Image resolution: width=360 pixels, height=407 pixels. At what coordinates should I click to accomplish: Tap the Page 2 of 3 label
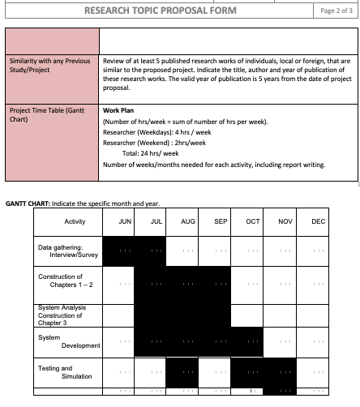pyautogui.click(x=333, y=11)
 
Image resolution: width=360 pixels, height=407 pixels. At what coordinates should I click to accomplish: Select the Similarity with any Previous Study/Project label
pyautogui.click(x=49, y=66)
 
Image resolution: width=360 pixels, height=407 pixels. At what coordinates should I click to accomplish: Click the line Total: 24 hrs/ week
pyautogui.click(x=144, y=153)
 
